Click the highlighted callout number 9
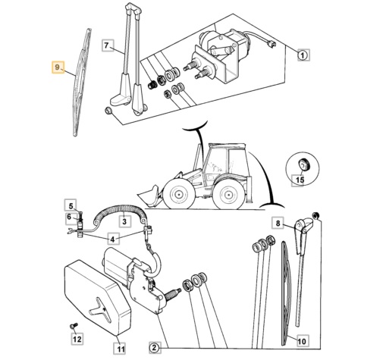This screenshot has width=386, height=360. [58, 67]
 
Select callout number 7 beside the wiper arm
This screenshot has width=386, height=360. [108, 45]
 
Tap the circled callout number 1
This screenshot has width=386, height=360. [303, 55]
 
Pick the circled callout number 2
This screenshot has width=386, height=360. [155, 348]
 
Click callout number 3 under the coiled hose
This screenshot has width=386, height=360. [124, 221]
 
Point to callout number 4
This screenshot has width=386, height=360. [113, 239]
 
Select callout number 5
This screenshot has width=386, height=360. [71, 206]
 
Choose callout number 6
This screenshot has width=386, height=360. [69, 217]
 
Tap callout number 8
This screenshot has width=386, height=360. [278, 223]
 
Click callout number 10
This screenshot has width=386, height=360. [302, 342]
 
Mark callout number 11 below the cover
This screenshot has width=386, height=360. [120, 349]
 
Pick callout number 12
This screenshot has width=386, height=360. [77, 339]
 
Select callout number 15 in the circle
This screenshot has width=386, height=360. [300, 180]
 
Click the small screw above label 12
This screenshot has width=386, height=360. [74, 326]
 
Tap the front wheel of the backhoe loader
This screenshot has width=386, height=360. [178, 195]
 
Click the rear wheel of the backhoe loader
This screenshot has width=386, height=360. [229, 196]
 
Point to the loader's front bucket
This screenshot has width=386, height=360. [149, 196]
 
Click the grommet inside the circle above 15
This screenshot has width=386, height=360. [303, 164]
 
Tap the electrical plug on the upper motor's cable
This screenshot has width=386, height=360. [271, 45]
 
